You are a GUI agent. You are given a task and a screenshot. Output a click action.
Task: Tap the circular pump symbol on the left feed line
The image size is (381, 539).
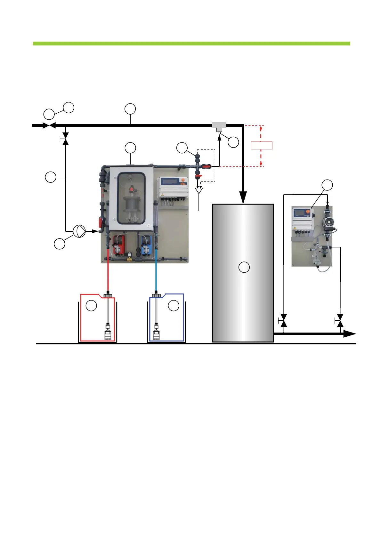click(x=79, y=231)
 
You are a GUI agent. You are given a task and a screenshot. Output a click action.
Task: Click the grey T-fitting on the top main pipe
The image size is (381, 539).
click(x=219, y=126)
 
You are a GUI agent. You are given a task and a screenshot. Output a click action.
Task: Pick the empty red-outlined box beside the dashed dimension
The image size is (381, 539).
click(x=262, y=146)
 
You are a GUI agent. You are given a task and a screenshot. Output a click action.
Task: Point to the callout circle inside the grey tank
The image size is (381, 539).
click(x=244, y=267)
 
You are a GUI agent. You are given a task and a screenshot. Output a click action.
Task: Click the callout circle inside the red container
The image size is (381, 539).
click(x=92, y=306)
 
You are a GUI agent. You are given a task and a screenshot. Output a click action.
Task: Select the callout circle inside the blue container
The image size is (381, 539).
click(x=174, y=306)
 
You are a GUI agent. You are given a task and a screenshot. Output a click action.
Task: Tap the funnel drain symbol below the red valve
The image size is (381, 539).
click(x=199, y=191)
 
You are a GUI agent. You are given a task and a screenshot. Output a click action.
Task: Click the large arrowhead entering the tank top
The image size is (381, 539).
click(x=243, y=197)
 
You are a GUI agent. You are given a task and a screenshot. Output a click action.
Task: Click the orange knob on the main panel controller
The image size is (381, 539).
click(x=183, y=180)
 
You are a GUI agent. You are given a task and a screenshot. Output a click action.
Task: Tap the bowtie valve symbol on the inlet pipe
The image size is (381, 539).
click(x=49, y=125)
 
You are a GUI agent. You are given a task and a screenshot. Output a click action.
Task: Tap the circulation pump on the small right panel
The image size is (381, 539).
click(x=328, y=222)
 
